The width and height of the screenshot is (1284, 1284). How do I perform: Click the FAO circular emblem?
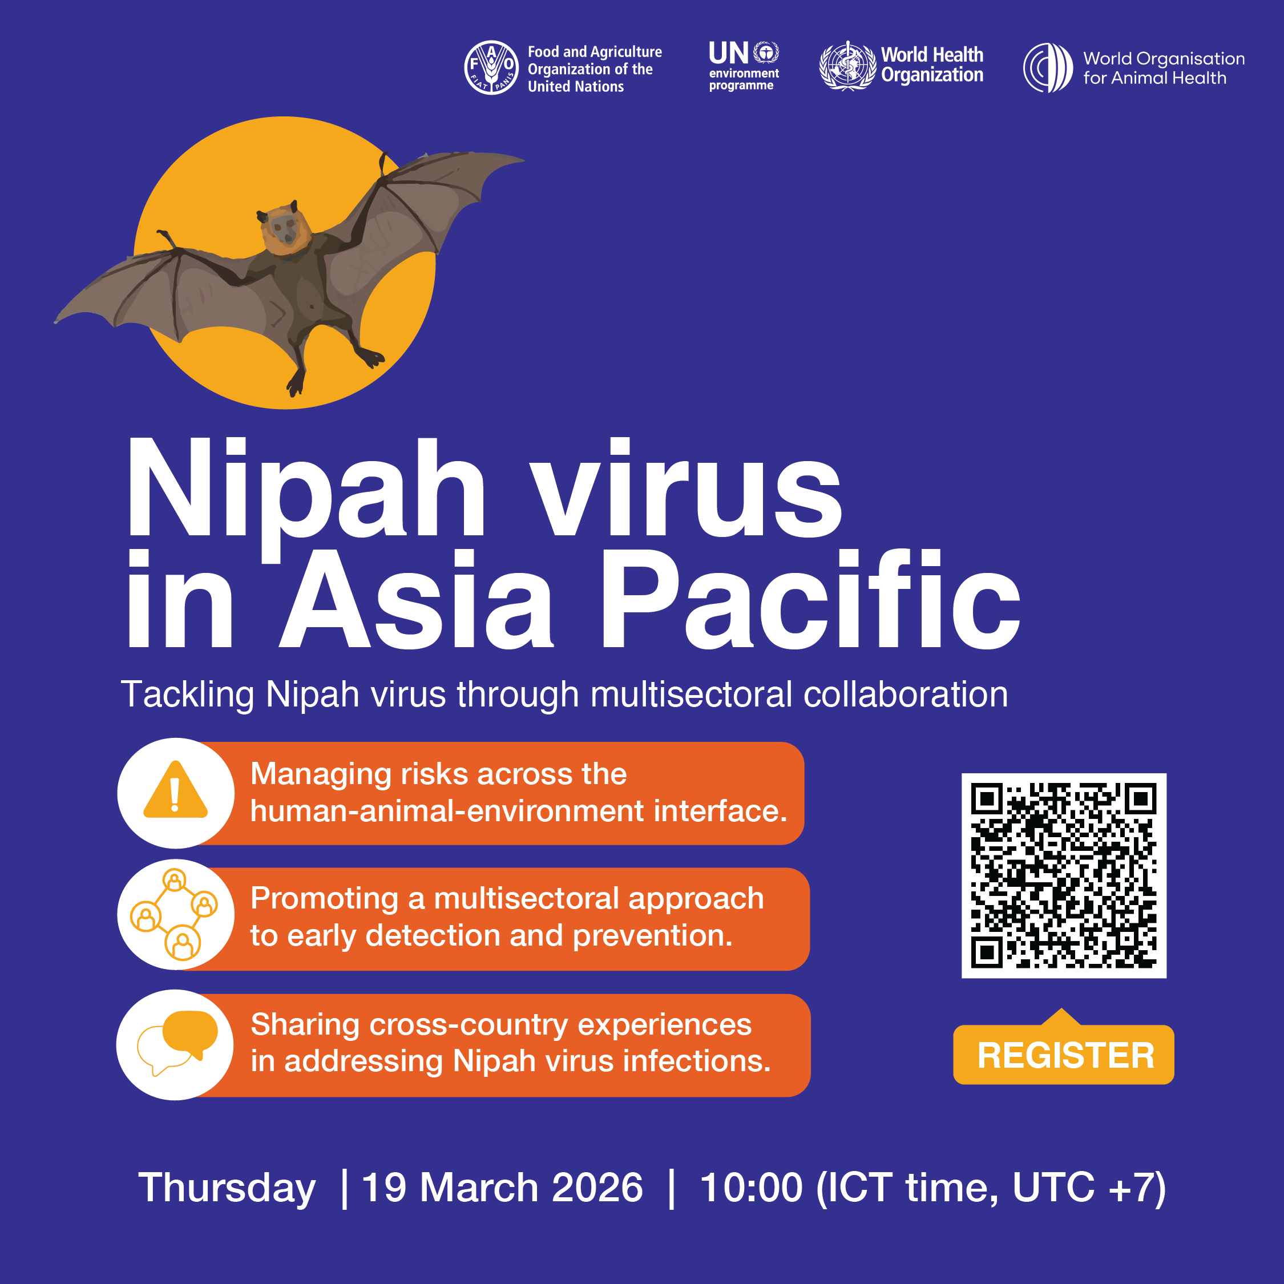coord(491,68)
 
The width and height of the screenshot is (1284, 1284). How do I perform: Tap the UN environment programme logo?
coord(744,66)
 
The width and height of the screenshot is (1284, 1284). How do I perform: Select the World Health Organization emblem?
coord(847,66)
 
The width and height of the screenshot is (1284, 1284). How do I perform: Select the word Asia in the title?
coord(417,598)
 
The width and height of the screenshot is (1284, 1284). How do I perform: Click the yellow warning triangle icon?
coord(175,790)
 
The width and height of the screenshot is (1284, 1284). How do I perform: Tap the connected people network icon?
coord(174,914)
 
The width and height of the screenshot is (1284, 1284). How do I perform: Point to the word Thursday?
coord(227,1189)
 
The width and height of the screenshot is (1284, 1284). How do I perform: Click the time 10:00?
coord(751,1188)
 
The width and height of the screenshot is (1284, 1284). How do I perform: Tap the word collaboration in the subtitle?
coord(905,695)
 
